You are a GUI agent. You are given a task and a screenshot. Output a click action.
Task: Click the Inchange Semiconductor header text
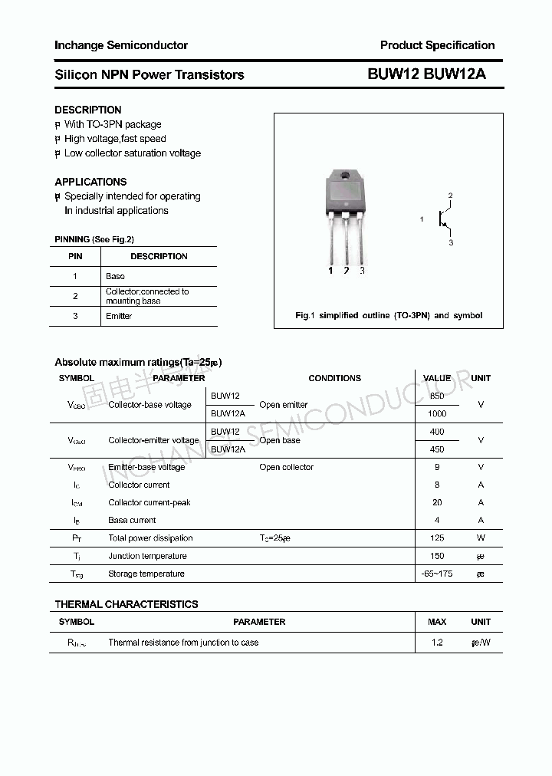pos(121,45)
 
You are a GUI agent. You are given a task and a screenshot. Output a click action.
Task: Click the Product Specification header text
pos(437,45)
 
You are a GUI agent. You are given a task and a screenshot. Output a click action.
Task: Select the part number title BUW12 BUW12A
pos(426,74)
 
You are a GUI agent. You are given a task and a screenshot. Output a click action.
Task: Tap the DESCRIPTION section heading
pos(88,110)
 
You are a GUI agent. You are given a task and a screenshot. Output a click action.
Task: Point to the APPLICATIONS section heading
pos(90,182)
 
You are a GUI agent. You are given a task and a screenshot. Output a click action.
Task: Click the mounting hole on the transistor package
pos(345,179)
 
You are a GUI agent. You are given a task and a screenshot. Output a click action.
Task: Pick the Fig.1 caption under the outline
pos(389,315)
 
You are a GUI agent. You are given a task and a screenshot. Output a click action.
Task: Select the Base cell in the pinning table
pos(115,276)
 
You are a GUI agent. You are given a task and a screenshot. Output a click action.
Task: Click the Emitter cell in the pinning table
pos(119,316)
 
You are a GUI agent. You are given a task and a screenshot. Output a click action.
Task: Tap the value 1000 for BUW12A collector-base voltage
pos(437,413)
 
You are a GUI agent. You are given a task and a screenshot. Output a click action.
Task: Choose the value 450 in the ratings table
pos(437,449)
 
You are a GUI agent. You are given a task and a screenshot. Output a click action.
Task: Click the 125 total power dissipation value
pos(437,538)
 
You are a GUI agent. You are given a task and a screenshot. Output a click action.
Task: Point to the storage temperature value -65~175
pos(437,574)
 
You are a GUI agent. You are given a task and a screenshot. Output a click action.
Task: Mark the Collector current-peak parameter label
pos(149,503)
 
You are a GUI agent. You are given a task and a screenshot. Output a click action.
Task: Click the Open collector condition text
pos(286,467)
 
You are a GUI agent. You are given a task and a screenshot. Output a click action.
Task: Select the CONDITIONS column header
pos(334,378)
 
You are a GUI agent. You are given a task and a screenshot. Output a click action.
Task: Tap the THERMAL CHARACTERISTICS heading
pos(127,604)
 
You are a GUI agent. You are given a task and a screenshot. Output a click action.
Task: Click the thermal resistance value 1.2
pos(437,643)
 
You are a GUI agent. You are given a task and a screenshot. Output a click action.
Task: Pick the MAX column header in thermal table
pos(437,622)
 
